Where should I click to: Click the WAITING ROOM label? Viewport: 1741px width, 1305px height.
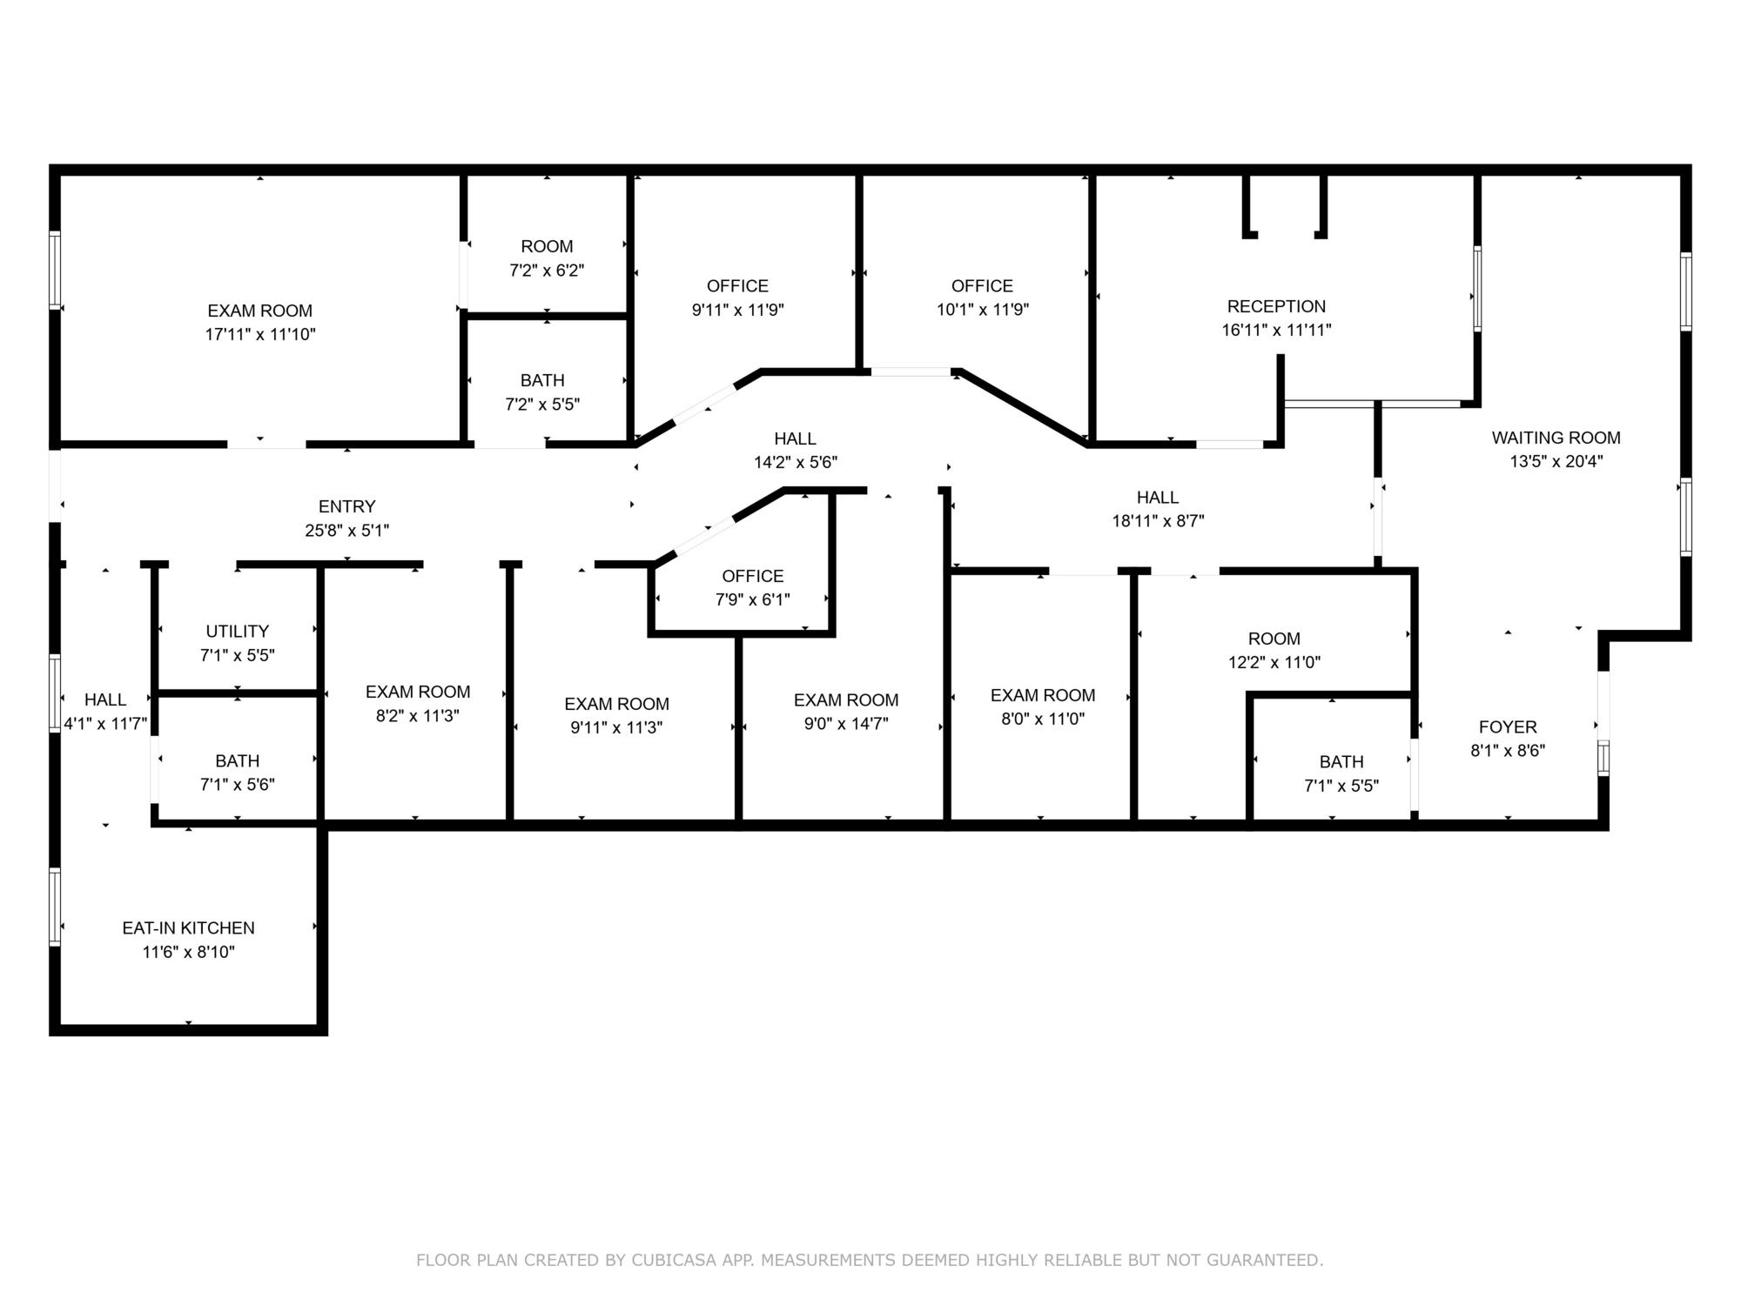1556,438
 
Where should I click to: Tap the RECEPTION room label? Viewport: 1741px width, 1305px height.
1276,306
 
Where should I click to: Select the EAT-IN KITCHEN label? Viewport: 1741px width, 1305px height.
188,928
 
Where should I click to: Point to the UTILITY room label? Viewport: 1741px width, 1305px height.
237,632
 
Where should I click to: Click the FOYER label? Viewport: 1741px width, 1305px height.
1508,727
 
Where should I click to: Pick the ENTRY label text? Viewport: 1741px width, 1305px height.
346,506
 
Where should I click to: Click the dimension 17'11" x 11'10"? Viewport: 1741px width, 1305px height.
260,334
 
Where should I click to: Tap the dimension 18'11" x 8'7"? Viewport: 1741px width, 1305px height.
1158,521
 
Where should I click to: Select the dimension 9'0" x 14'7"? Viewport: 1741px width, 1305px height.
846,723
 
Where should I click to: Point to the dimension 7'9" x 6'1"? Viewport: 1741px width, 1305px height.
753,599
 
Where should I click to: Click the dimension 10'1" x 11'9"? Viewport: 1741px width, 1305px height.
983,310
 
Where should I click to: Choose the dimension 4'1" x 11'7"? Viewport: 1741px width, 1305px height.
105,723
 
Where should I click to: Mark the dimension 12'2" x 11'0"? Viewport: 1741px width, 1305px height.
1274,662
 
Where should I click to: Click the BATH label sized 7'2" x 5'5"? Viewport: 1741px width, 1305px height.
542,380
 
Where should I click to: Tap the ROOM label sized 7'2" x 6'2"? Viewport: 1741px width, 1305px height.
547,246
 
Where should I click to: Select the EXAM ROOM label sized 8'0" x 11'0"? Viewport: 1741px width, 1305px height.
1043,695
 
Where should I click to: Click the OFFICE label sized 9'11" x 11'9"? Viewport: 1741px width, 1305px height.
737,286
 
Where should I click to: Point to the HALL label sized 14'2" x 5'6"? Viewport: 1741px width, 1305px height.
796,438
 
